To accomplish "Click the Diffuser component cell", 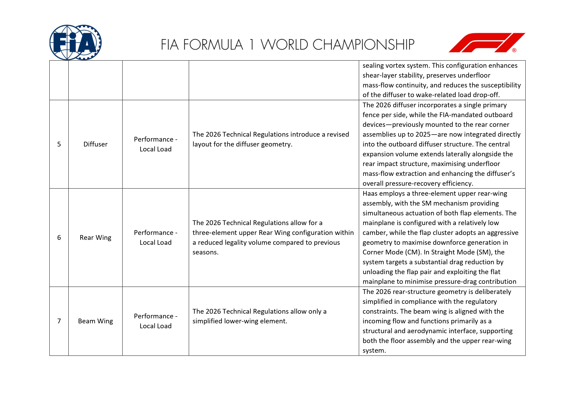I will tap(95, 144).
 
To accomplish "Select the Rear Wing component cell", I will tap(95, 238).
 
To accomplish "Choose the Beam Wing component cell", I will tap(95, 321).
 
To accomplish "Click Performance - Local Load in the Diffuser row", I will tap(156, 144).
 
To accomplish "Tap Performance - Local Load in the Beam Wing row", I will tap(156, 321).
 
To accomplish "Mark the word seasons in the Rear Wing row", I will tap(205, 252).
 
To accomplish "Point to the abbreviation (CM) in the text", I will tap(413, 252).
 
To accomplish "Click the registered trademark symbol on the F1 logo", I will tap(514, 50).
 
